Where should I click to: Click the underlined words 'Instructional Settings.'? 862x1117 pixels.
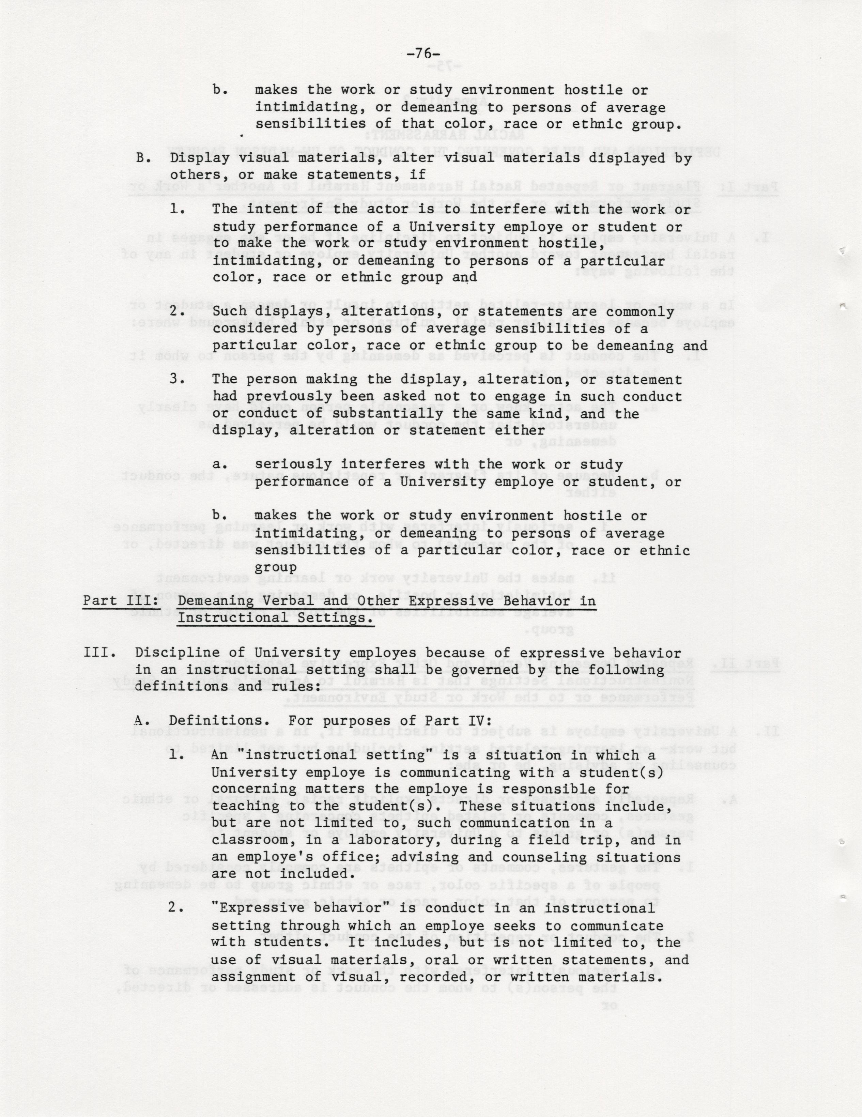pos(275,618)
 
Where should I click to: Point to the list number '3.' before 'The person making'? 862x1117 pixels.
pos(177,380)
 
